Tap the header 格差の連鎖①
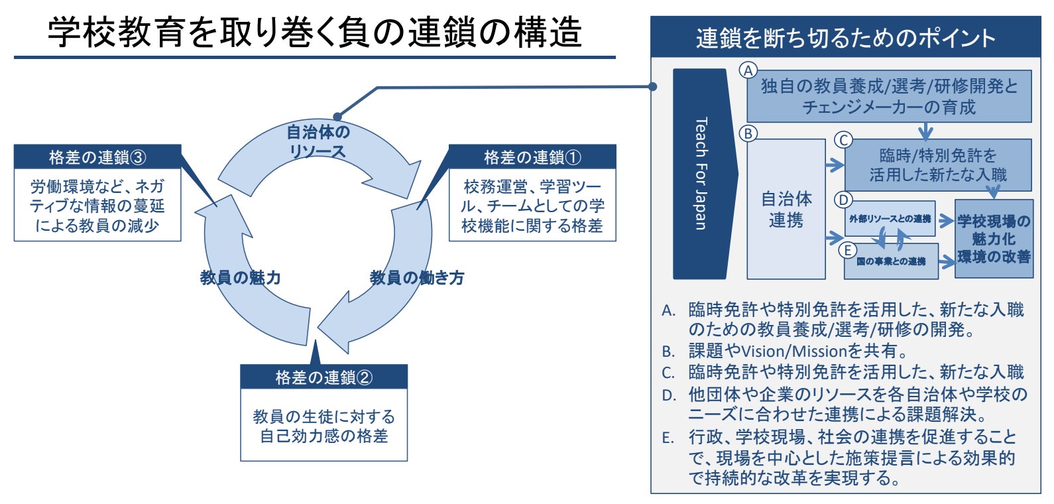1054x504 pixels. pos(532,157)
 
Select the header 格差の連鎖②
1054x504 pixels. pos(323,377)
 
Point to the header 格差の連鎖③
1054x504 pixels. pos(97,157)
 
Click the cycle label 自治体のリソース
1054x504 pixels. pos(318,141)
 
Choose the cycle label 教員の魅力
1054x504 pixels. pos(240,277)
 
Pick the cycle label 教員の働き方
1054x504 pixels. pos(416,277)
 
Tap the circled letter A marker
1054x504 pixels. pos(748,70)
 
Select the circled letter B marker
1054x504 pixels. pos(748,133)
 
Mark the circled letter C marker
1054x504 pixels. pos(843,140)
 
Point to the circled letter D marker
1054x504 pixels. pos(843,200)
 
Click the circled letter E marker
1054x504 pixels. pos(847,250)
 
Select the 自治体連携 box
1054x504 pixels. pos(786,209)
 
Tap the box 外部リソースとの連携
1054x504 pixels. pos(890,219)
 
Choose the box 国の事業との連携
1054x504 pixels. pos(891,261)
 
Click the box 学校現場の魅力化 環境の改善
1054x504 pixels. pos(994,239)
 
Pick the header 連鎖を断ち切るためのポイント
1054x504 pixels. pos(845,38)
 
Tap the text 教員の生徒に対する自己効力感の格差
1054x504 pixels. pos(323,426)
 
